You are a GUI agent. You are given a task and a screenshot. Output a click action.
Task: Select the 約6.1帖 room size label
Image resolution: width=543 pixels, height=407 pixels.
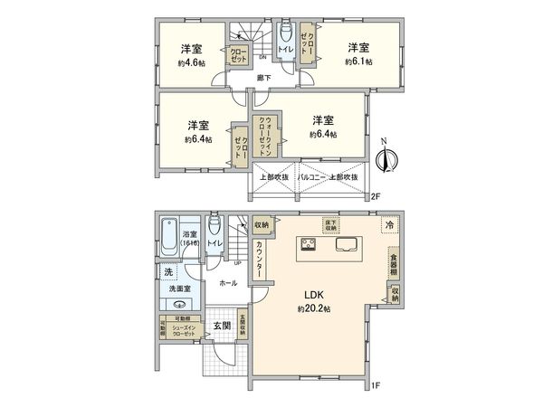coord(357,62)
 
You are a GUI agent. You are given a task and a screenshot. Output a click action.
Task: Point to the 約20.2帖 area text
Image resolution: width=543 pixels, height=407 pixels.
coord(314,308)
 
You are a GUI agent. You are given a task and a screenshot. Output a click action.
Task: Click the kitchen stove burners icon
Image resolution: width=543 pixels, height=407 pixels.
coord(307,244)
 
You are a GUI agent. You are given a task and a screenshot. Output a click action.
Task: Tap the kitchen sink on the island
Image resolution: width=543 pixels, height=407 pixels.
coord(348,244)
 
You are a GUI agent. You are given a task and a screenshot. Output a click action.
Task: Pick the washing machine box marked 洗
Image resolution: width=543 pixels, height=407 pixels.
coord(168,271)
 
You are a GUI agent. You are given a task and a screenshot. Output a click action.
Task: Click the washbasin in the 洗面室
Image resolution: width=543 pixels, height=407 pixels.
coord(179,305)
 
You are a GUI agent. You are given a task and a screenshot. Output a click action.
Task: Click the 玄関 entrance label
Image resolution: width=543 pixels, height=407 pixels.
coord(222,326)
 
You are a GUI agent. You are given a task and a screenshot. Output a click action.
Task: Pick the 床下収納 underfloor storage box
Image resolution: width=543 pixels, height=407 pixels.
coord(331,224)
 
